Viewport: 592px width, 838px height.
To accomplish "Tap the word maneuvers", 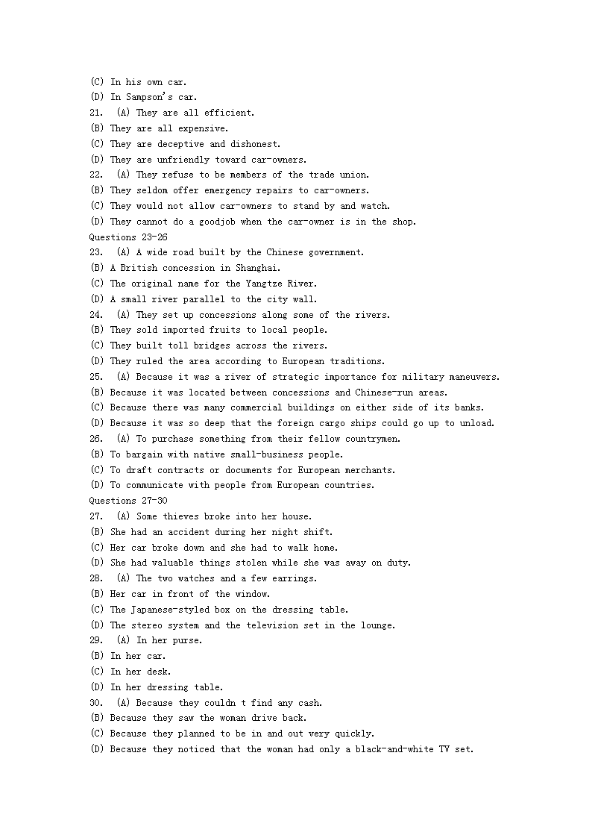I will coord(473,377).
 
